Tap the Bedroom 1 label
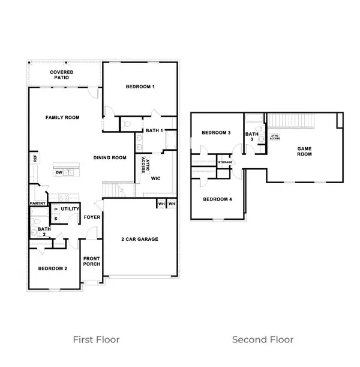point(140,87)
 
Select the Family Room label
point(63,118)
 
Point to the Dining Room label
point(110,158)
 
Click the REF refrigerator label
point(35,159)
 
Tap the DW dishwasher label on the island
point(59,172)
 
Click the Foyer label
point(92,217)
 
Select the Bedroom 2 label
point(53,268)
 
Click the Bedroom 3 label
point(216,133)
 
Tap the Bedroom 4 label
point(217,199)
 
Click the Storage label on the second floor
point(225,162)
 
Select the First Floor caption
point(96,339)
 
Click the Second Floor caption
point(263,339)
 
